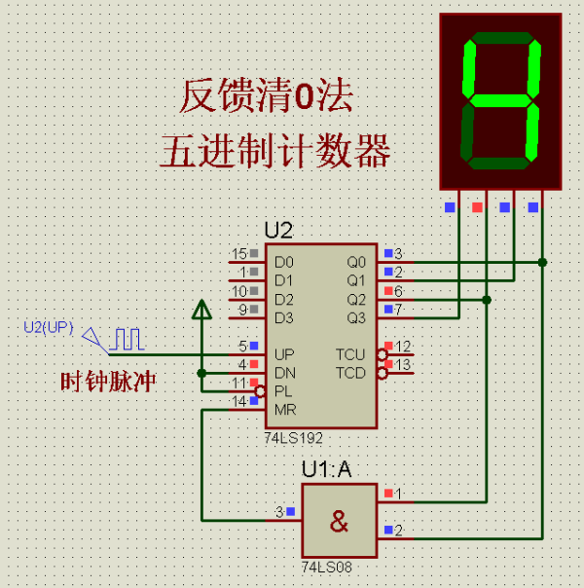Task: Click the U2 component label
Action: [278, 231]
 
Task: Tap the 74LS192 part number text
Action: [293, 439]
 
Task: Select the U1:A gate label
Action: [326, 469]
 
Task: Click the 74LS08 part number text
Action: [324, 566]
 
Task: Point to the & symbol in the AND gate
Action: [338, 522]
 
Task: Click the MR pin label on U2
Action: [284, 409]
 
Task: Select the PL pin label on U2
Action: [282, 390]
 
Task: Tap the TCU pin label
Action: [350, 354]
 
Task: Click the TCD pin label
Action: [350, 373]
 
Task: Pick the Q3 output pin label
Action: [357, 317]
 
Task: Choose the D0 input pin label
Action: [283, 262]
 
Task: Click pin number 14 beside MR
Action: [238, 401]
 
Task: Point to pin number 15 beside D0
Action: [238, 254]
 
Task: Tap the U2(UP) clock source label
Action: [48, 326]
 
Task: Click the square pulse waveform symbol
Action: [126, 339]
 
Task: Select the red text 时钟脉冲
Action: [108, 383]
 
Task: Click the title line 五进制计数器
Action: [275, 152]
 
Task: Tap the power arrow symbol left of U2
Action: [201, 311]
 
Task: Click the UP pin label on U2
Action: [284, 354]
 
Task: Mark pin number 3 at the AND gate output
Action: [279, 511]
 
